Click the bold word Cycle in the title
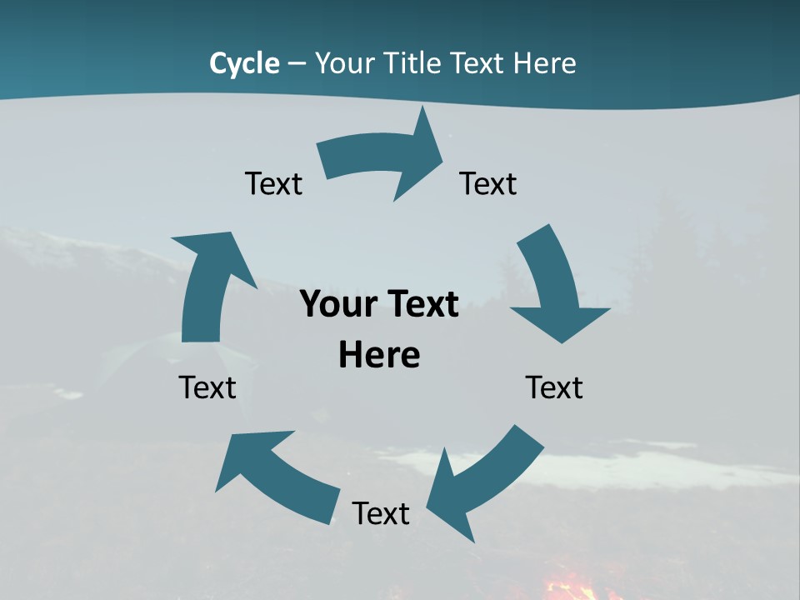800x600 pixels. coord(244,63)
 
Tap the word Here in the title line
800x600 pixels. coord(544,63)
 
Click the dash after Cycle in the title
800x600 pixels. coord(297,63)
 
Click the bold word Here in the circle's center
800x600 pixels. coord(379,355)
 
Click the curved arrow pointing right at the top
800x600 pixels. coord(383,158)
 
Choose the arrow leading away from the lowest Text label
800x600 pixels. coord(275,475)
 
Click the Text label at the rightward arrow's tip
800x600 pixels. coord(488,183)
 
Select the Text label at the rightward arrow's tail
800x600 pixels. coord(273,183)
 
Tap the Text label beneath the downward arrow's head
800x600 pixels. coord(554,387)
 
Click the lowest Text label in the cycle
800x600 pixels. coord(381,513)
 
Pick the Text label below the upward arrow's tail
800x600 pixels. coord(207,387)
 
